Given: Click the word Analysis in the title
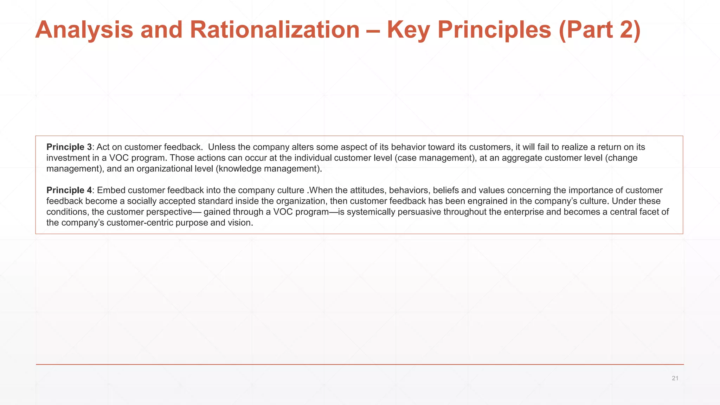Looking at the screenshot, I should pyautogui.click(x=84, y=30).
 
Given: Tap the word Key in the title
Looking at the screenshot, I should pyautogui.click(x=408, y=30).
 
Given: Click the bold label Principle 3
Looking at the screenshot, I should pyautogui.click(x=69, y=147).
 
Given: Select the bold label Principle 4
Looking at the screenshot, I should pyautogui.click(x=69, y=190).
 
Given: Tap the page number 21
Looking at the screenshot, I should pyautogui.click(x=675, y=378).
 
